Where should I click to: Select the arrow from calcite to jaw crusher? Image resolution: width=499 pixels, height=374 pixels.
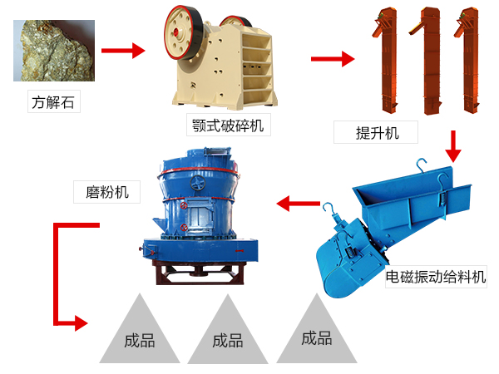coord(122,52)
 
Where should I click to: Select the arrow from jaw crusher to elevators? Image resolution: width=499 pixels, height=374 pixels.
coord(332,59)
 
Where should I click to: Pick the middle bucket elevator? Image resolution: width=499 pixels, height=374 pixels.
coord(429,60)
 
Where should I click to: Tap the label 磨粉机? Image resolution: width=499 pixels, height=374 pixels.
coord(101,192)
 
